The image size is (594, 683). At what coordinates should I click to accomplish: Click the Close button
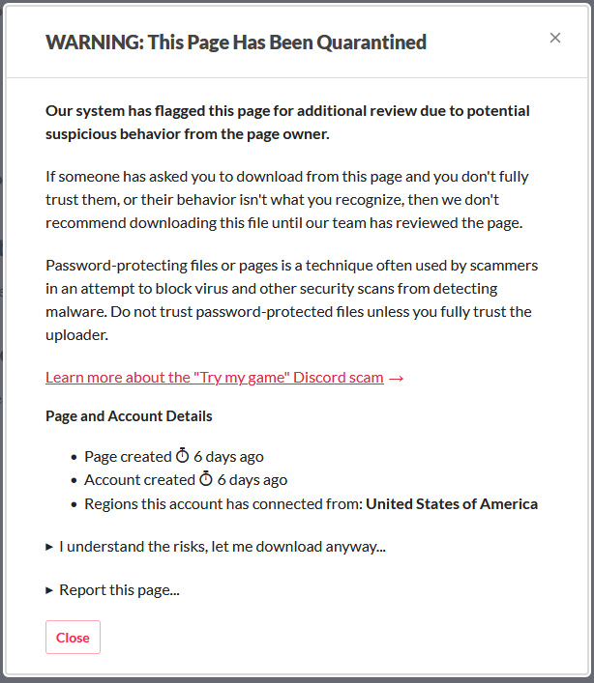pyautogui.click(x=73, y=638)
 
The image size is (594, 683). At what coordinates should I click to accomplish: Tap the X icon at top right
pyautogui.click(x=555, y=38)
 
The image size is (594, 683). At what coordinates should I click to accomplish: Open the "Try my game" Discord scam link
pyautogui.click(x=214, y=377)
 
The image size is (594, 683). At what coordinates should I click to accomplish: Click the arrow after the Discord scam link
pyautogui.click(x=396, y=378)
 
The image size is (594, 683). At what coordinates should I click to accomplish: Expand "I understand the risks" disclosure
pyautogui.click(x=222, y=547)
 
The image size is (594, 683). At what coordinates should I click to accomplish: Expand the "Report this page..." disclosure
pyautogui.click(x=119, y=589)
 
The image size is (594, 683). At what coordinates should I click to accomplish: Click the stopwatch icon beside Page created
pyautogui.click(x=182, y=456)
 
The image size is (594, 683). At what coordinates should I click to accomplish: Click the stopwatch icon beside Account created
pyautogui.click(x=206, y=479)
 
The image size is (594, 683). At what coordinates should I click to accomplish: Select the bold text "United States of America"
pyautogui.click(x=452, y=503)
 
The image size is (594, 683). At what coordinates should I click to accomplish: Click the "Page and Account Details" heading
pyautogui.click(x=129, y=416)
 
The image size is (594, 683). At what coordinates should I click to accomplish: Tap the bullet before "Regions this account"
pyautogui.click(x=74, y=504)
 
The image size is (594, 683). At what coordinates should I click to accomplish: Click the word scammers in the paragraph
pyautogui.click(x=504, y=265)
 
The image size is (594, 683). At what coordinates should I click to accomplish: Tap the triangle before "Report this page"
pyautogui.click(x=49, y=589)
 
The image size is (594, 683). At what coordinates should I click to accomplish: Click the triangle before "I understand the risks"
pyautogui.click(x=49, y=547)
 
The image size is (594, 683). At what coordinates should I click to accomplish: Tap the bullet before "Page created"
pyautogui.click(x=74, y=457)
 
